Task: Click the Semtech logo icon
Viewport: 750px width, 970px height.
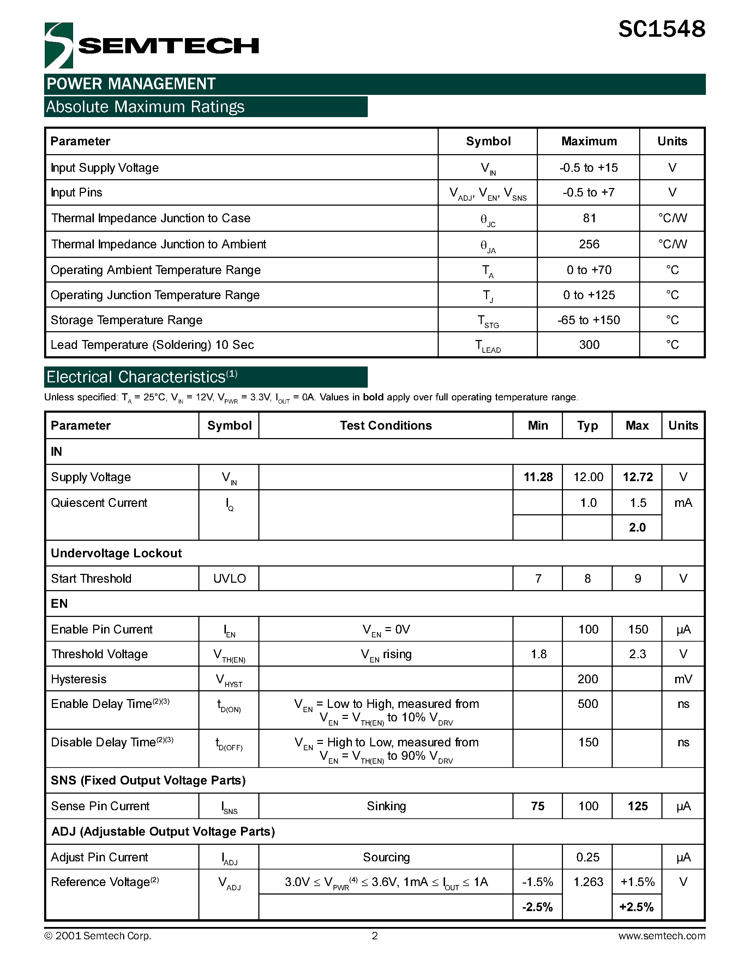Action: point(59,45)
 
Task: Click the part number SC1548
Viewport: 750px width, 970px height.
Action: point(661,30)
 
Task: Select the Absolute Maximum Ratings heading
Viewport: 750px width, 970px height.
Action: point(145,107)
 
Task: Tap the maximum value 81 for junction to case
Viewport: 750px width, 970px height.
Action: point(589,218)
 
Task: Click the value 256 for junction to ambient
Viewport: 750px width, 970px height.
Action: point(589,244)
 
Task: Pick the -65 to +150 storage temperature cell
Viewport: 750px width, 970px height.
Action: point(588,320)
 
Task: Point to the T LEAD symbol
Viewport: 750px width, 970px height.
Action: point(488,346)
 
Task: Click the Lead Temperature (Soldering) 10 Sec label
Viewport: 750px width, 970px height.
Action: point(152,345)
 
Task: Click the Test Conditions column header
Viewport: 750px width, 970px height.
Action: point(386,425)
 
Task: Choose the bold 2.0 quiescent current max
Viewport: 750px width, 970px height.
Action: point(637,528)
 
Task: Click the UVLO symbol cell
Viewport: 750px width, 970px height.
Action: point(229,578)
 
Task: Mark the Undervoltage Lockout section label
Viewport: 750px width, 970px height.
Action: point(116,553)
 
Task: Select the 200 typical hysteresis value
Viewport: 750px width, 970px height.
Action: point(587,679)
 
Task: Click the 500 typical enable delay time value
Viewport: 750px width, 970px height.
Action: point(587,704)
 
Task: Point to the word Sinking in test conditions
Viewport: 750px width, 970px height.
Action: point(386,806)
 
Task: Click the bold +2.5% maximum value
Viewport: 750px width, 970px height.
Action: point(636,907)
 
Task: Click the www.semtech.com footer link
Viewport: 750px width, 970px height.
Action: point(661,936)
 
